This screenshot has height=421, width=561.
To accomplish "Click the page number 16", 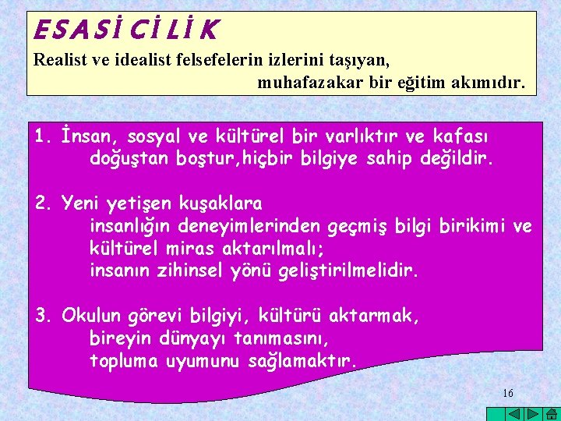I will point(508,393).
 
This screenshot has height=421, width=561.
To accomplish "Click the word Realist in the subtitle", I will point(58,58).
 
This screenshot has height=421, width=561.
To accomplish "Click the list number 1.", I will point(42,137).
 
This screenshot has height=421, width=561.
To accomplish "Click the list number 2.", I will point(42,204).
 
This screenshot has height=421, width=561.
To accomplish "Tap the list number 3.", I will point(42,316).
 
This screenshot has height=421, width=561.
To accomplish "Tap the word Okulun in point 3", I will point(90,316).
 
